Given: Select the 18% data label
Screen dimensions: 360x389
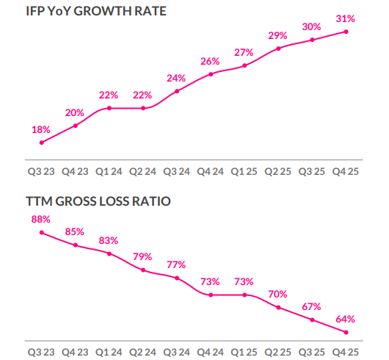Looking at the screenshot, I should pyautogui.click(x=41, y=129).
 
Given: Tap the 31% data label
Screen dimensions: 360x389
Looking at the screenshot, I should pyautogui.click(x=346, y=18).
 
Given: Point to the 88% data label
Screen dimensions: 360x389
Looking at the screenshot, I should pyautogui.click(x=41, y=219).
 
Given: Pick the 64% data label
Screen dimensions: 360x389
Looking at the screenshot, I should pyautogui.click(x=346, y=319).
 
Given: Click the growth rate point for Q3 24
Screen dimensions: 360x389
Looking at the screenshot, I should pyautogui.click(x=177, y=91).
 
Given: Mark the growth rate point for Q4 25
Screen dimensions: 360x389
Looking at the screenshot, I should pyautogui.click(x=346, y=32).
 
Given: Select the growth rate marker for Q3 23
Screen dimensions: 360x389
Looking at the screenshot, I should pyautogui.click(x=41, y=143).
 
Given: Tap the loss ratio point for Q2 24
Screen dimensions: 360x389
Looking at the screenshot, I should pyautogui.click(x=143, y=270).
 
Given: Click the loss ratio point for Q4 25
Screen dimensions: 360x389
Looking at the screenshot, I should pyautogui.click(x=346, y=332).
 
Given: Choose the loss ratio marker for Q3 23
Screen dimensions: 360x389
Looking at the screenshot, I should pyautogui.click(x=41, y=232).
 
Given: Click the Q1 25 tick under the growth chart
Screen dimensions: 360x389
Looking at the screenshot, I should pyautogui.click(x=244, y=172).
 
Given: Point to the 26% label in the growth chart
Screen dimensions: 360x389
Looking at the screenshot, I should pyautogui.click(x=211, y=61).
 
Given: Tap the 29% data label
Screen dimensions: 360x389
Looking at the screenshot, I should pyautogui.click(x=278, y=35).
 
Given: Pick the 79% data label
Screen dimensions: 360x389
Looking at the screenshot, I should pyautogui.click(x=143, y=256).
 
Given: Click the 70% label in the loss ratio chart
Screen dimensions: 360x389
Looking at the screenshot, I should pyautogui.click(x=278, y=294).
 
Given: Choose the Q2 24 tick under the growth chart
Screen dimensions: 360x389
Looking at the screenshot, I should pyautogui.click(x=143, y=172).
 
